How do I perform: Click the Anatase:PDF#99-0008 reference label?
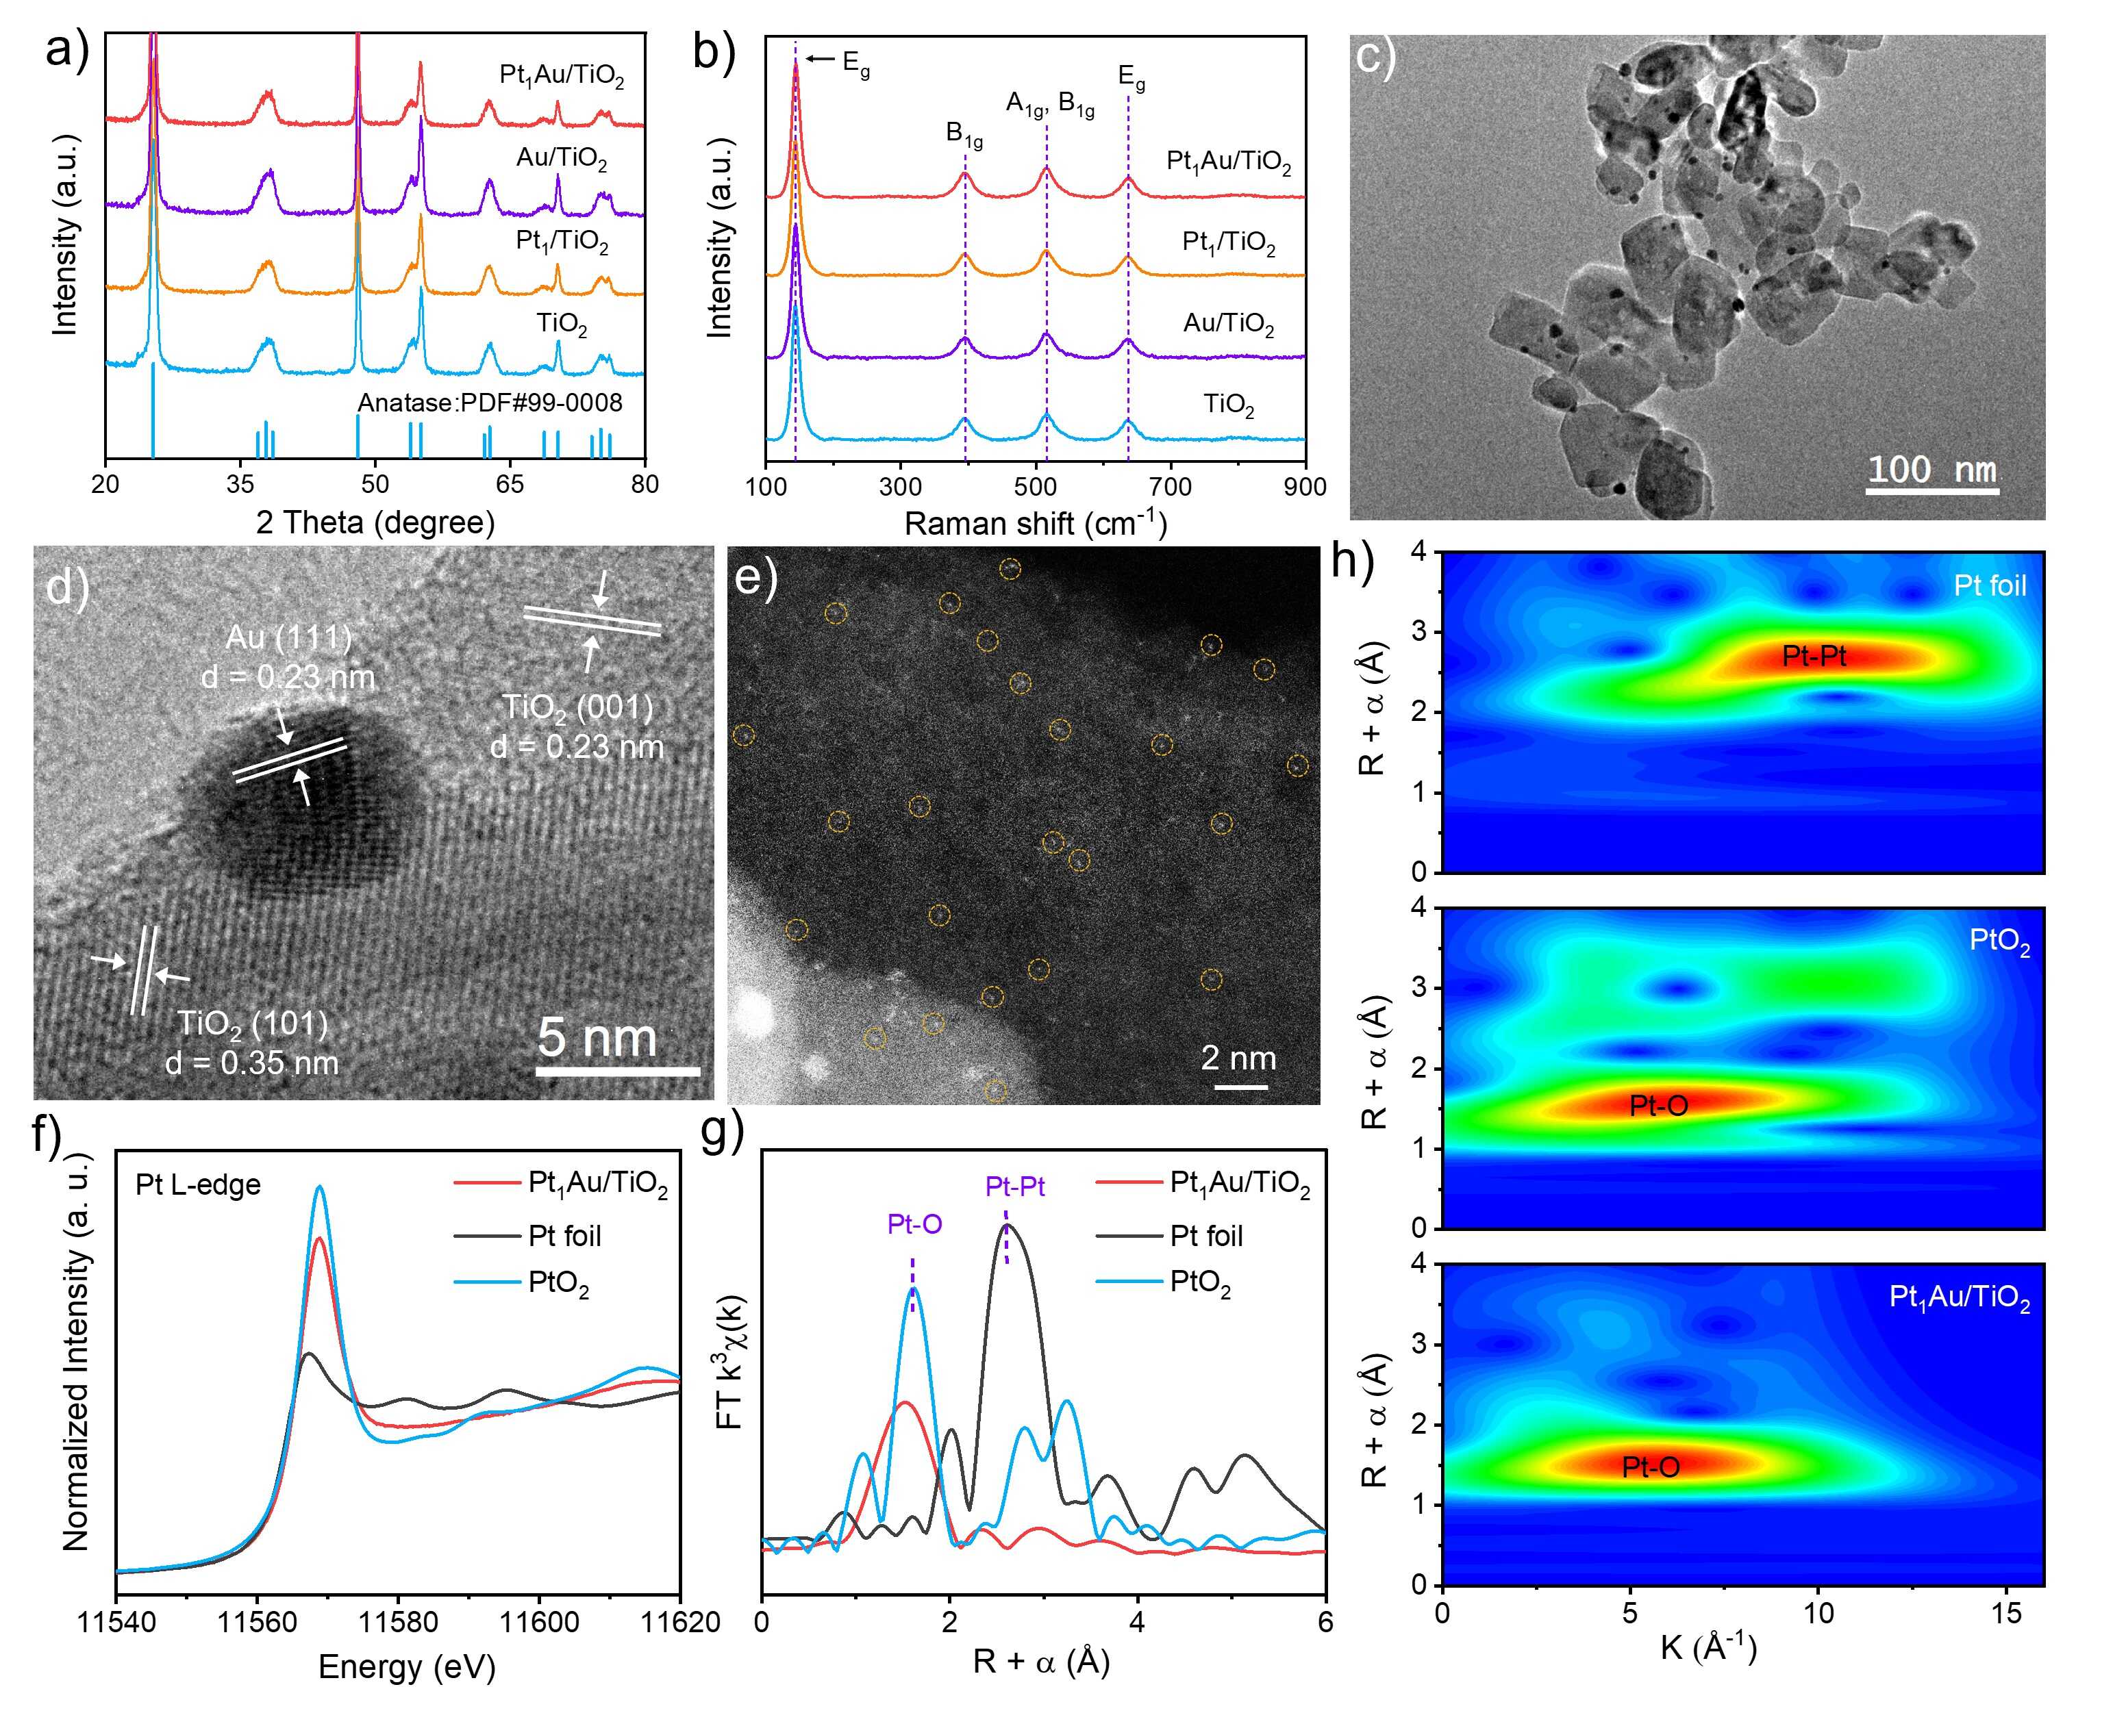click(x=490, y=403)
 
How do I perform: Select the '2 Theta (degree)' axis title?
click(x=375, y=522)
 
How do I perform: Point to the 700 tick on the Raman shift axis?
click(x=1171, y=487)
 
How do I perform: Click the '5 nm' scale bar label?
click(x=597, y=1038)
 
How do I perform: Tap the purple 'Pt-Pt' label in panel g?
click(x=1014, y=1185)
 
